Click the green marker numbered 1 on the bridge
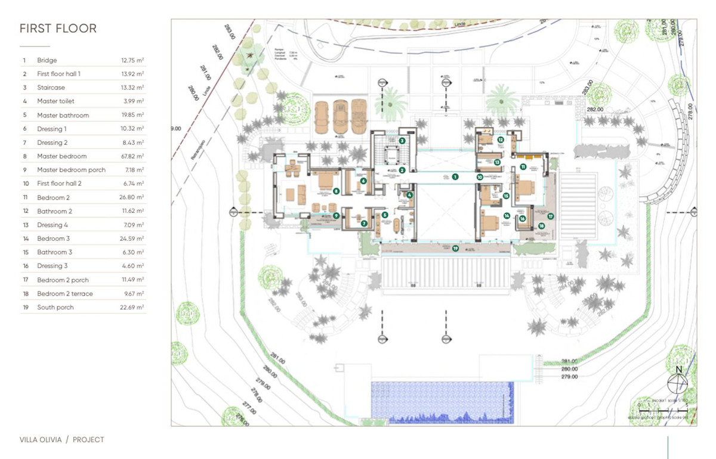point(455,176)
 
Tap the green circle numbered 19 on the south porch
point(455,249)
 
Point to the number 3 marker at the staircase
point(403,141)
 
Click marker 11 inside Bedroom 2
point(523,167)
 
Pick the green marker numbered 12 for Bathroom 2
point(501,140)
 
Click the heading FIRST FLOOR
point(58,29)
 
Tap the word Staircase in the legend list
point(51,88)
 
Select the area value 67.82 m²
point(132,156)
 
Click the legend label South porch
point(55,308)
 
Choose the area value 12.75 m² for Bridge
point(132,60)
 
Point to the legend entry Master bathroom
point(63,115)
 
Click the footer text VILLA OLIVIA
point(41,440)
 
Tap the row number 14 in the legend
point(25,238)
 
